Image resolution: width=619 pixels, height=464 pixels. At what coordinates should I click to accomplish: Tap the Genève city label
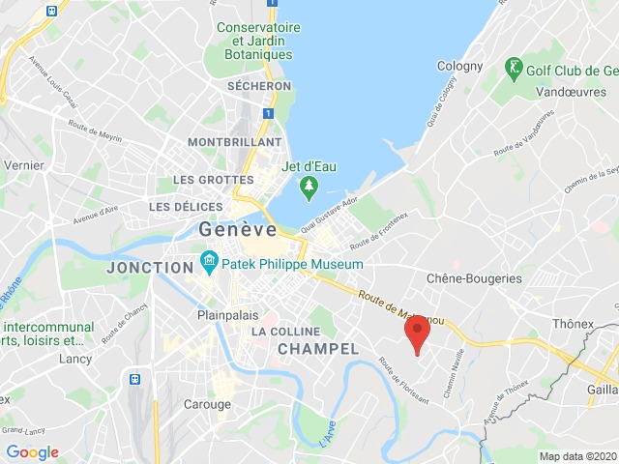237,230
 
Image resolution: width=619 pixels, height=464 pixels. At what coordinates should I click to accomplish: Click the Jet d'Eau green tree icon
309,187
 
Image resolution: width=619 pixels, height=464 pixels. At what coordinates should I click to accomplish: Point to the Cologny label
459,67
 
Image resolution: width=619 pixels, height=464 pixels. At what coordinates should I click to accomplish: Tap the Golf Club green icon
513,69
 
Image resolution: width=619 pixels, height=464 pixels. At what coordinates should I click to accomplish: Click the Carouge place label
208,404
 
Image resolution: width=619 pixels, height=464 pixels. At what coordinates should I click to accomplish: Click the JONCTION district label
151,267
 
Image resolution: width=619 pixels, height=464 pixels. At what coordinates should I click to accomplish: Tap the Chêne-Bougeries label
474,278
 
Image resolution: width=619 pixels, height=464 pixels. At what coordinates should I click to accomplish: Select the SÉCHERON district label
258,86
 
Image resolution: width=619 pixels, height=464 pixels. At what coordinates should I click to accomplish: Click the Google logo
32,451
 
